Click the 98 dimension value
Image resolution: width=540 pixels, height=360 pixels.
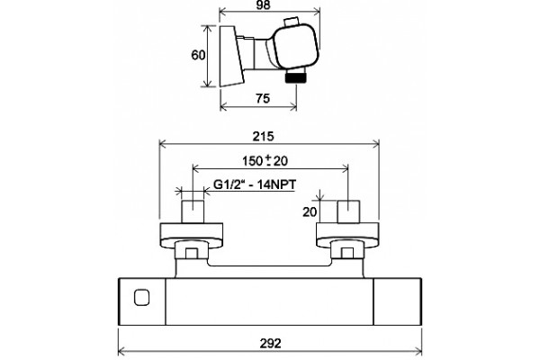264,4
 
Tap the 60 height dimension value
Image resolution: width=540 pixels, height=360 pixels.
198,55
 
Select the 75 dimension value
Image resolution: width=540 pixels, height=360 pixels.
263,98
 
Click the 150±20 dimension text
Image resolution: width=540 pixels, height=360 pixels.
265,161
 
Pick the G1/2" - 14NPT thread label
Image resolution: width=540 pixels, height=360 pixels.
255,184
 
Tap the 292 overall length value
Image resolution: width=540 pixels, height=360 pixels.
270,343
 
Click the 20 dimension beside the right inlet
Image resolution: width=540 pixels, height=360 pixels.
310,211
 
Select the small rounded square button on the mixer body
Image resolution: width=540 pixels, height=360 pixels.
142,298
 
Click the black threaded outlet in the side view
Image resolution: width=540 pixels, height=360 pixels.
296,78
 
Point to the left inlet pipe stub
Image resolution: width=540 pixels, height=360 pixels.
193,211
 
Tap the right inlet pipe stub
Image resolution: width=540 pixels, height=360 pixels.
348,211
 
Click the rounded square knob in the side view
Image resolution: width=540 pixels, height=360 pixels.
295,46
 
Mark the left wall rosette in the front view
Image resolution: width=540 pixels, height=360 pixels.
192,236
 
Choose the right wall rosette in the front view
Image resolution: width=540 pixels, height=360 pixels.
347,236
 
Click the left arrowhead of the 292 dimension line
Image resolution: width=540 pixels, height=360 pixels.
121,352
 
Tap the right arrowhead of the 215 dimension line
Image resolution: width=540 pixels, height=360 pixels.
375,144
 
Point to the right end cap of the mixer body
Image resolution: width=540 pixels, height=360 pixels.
398,301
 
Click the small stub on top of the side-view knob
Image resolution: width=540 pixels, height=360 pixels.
292,22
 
